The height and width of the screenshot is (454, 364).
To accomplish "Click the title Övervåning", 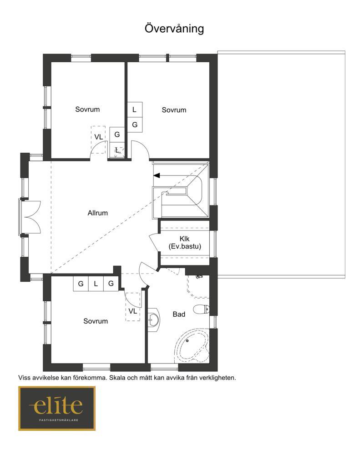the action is (x=174, y=28).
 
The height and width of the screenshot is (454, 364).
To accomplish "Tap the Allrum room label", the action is (x=98, y=213).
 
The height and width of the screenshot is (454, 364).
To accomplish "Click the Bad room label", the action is (x=179, y=314).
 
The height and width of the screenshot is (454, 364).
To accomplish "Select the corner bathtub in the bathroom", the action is (x=192, y=346).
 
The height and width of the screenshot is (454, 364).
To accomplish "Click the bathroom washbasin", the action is (x=153, y=319).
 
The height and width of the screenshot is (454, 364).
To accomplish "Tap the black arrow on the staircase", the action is (x=157, y=175).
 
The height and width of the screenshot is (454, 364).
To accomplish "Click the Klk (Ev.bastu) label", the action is (x=185, y=243).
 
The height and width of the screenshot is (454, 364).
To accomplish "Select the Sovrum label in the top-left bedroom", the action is (x=87, y=109).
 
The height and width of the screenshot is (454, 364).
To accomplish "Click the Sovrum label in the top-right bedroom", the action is (x=174, y=110).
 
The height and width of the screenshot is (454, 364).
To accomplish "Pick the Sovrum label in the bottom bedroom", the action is (x=96, y=321).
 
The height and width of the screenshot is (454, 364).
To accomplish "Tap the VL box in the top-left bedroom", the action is (x=98, y=140).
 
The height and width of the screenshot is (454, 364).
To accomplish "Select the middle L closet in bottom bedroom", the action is (x=96, y=284).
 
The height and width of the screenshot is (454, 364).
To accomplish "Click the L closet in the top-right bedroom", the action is (x=135, y=110).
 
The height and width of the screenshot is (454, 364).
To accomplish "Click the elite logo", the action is (x=57, y=408).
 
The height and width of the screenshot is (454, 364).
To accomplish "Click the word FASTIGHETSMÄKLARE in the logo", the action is (x=59, y=420).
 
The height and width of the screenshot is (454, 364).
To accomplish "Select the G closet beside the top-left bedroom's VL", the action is (x=117, y=135).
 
